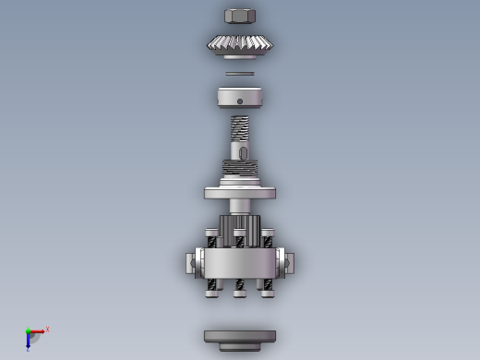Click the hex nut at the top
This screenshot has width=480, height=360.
240,16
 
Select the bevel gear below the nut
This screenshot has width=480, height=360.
240,43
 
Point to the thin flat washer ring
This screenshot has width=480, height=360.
240,74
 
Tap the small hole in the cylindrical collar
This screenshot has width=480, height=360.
240,102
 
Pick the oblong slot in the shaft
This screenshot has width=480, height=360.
244,152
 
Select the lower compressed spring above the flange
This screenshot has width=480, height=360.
240,168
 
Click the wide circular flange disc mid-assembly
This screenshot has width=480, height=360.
240,193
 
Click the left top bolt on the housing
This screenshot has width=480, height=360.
212,237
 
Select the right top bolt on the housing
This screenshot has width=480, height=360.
268,237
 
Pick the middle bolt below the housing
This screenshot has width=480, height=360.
240,287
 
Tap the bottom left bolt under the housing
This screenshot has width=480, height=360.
213,287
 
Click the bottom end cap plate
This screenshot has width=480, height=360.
240,337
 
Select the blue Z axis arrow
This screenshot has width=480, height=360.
29,342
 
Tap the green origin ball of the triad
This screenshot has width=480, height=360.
29,331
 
